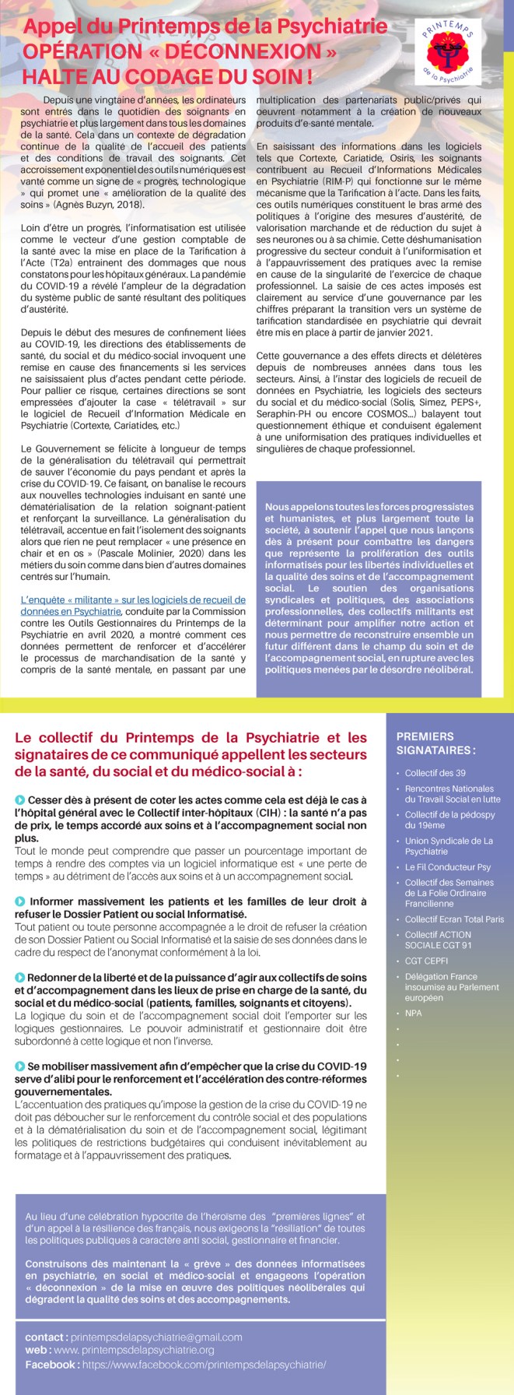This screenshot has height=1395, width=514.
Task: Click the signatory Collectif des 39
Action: [435, 773]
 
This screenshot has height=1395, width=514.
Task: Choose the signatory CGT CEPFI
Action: [426, 961]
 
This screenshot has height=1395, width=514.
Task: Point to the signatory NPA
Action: [413, 1013]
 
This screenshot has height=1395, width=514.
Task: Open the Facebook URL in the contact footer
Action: [204, 1365]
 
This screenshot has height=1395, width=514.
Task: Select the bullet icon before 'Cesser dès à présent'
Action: [19, 800]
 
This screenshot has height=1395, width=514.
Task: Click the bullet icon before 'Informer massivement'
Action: [19, 901]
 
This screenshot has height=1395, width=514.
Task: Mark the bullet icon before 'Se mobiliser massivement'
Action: [19, 1066]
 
